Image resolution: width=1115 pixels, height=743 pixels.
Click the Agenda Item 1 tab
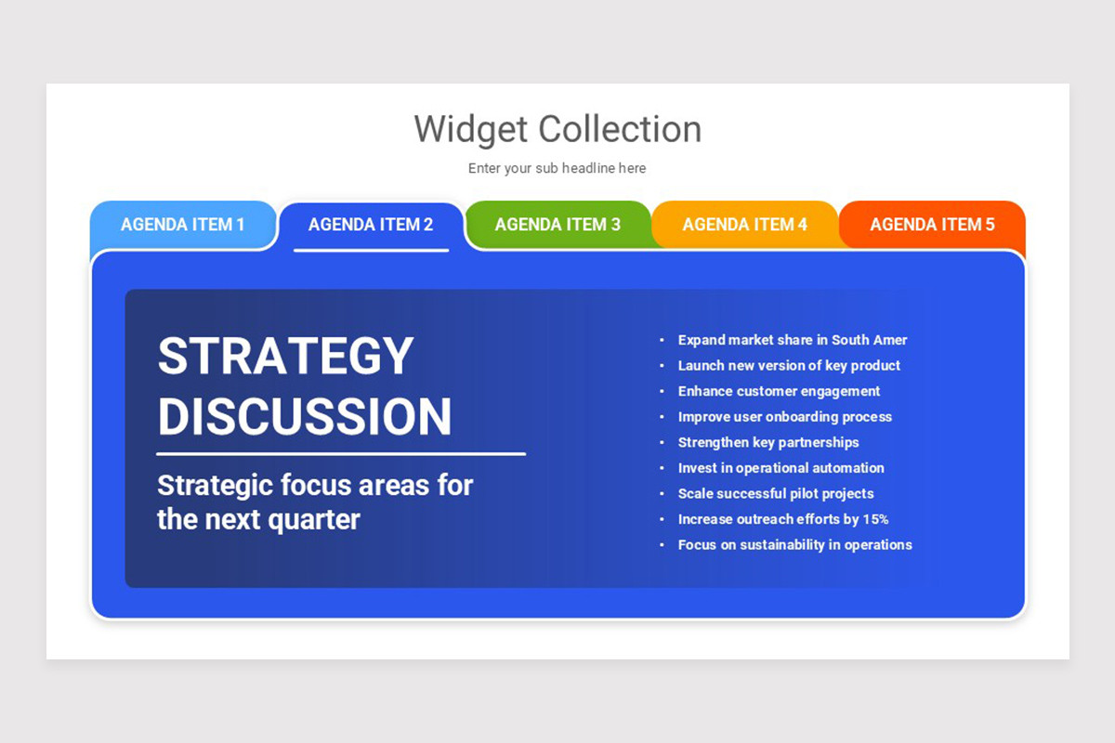(x=183, y=225)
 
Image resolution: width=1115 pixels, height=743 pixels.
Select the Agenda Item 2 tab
(x=371, y=225)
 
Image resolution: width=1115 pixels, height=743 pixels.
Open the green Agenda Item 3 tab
(x=557, y=225)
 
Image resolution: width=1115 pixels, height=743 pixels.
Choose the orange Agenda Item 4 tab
(x=745, y=225)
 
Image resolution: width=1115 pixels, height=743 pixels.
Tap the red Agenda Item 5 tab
(x=932, y=225)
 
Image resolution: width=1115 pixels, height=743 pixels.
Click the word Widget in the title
(x=470, y=129)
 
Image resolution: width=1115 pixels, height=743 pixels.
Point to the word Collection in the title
(x=620, y=129)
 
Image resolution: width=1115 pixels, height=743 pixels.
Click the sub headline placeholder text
(x=557, y=168)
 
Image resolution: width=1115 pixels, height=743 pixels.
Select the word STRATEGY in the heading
(x=285, y=357)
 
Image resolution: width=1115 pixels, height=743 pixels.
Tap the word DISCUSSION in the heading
(x=305, y=417)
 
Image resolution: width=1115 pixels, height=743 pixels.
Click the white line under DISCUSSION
(x=341, y=454)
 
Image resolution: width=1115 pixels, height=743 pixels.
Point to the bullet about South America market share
(x=793, y=340)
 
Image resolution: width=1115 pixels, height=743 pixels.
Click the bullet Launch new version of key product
(x=789, y=366)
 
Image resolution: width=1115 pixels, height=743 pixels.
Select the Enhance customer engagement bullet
(x=779, y=391)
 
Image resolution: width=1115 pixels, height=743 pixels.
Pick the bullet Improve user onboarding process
(x=785, y=417)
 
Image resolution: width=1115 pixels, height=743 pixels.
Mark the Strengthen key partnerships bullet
(x=768, y=442)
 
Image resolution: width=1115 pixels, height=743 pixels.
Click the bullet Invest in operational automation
(x=780, y=468)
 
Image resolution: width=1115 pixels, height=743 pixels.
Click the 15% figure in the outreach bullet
(x=875, y=519)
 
